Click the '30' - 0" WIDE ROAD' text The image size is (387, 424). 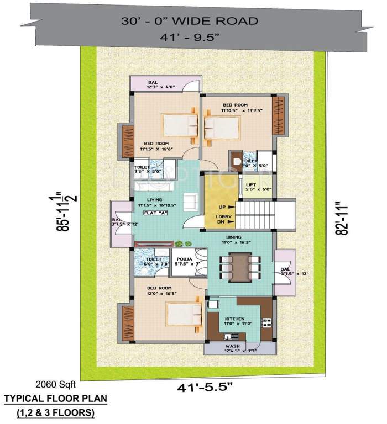click(x=190, y=22)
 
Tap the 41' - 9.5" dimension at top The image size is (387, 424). click(x=190, y=39)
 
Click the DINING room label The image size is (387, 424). click(x=239, y=236)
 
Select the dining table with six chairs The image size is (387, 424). click(x=239, y=267)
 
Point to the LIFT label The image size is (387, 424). click(x=251, y=185)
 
